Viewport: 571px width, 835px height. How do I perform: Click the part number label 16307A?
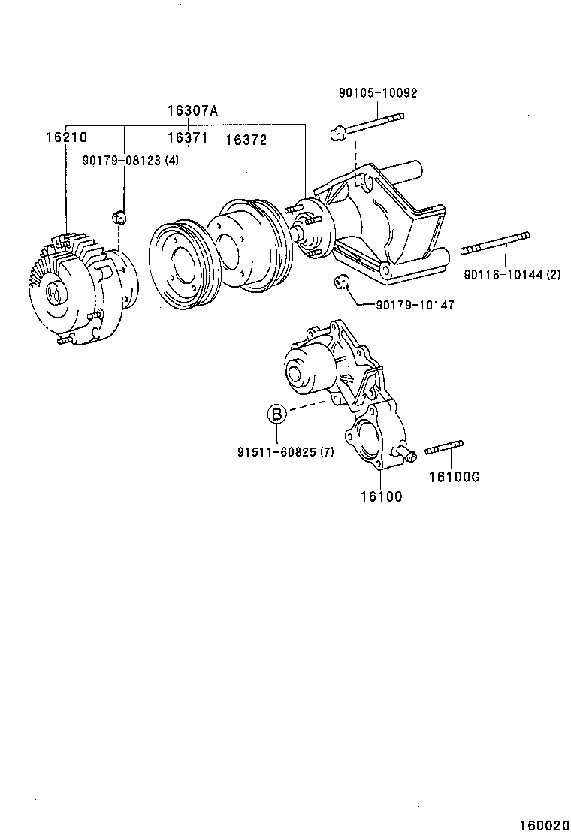point(192,111)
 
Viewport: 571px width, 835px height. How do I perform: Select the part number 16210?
point(66,137)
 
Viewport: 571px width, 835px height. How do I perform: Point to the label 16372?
point(246,139)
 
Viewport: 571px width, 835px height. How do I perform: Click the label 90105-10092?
point(377,93)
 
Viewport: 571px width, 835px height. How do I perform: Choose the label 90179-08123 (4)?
point(131,161)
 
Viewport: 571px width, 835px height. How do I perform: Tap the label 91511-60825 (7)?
point(285,452)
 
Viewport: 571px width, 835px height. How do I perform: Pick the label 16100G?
point(455,477)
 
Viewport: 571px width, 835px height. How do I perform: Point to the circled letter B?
point(276,413)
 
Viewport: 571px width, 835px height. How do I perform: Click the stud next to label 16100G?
point(444,448)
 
